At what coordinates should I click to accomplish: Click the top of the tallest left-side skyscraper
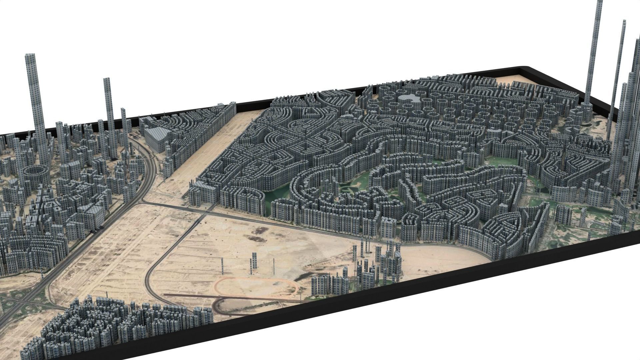(30, 56)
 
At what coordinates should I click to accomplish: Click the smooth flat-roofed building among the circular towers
(409, 99)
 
